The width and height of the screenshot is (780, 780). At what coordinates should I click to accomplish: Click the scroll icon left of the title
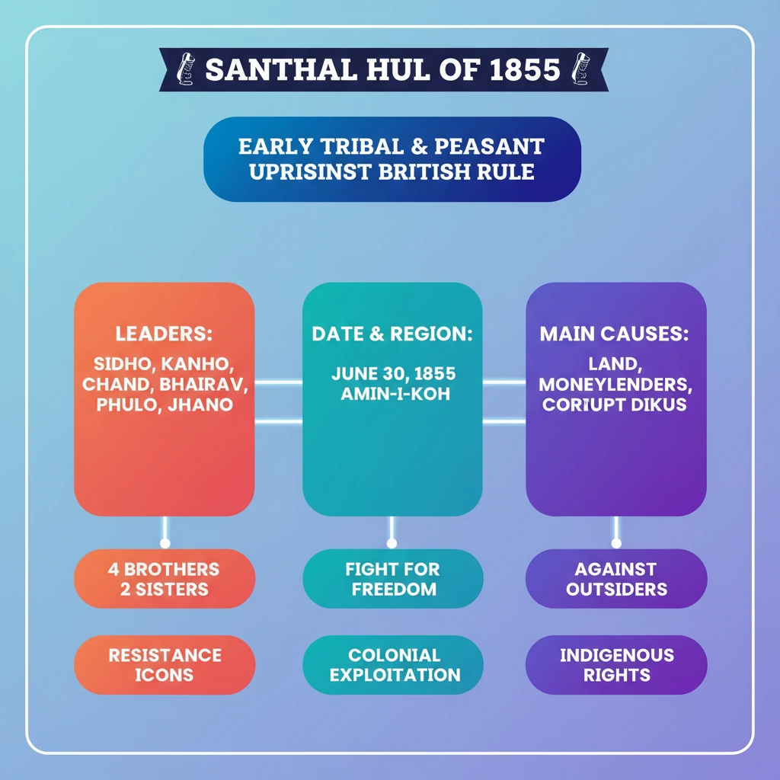click(x=184, y=69)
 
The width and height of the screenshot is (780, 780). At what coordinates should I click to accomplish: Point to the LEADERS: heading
click(x=164, y=334)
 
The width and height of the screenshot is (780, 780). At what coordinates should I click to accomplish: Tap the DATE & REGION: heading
click(x=392, y=334)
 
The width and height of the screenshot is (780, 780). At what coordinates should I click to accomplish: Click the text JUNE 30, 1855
click(x=392, y=374)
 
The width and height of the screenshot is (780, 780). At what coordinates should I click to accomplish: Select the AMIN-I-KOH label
click(x=392, y=395)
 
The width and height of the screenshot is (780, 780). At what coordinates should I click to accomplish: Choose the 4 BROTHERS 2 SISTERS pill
click(x=164, y=579)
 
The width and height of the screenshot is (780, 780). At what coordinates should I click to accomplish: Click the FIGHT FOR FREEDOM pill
click(x=392, y=579)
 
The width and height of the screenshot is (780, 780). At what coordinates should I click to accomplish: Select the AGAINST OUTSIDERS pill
click(x=616, y=579)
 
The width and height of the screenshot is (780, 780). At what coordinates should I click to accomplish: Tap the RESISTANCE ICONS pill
click(x=164, y=665)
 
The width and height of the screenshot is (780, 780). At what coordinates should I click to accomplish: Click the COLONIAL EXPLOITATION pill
click(x=392, y=665)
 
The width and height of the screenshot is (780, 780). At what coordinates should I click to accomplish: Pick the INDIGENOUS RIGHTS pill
click(x=616, y=665)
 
